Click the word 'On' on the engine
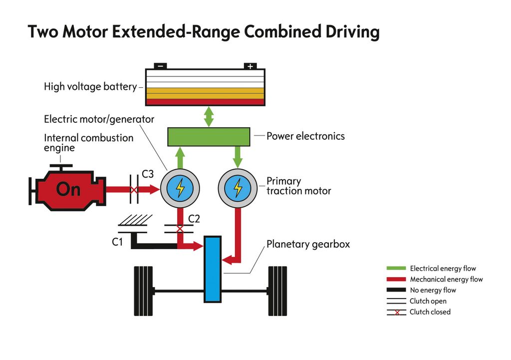tap(68, 189)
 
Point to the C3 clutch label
tap(148, 174)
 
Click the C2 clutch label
tap(194, 218)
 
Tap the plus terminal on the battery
tap(250, 66)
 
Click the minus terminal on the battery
tap(160, 66)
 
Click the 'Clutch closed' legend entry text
tap(430, 312)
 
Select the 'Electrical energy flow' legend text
tap(443, 269)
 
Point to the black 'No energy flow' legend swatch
tap(396, 290)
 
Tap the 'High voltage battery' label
tap(90, 87)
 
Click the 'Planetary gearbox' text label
tap(308, 245)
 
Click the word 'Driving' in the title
tap(345, 31)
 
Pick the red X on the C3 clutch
tap(134, 190)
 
